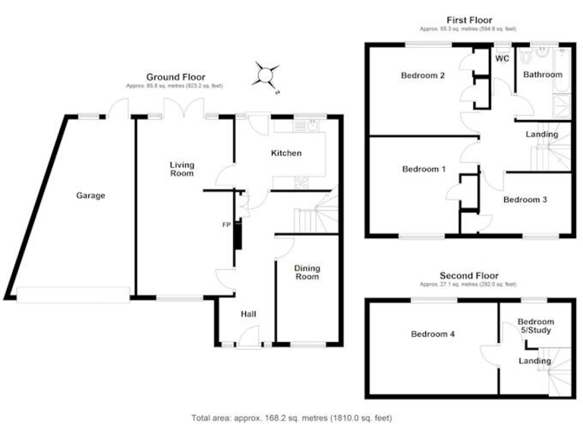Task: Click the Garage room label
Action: (90, 195)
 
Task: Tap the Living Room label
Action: (181, 169)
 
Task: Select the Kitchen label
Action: (286, 154)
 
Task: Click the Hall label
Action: (249, 313)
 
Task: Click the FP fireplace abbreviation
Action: (226, 225)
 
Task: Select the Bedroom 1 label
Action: (424, 169)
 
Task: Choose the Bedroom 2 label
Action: (423, 75)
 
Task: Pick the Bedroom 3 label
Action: (525, 200)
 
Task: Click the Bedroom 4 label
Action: (433, 334)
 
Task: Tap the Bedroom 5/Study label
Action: (535, 326)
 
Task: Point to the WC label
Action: (502, 59)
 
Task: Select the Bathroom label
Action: (542, 75)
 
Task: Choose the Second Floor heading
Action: (468, 275)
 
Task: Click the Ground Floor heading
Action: (175, 77)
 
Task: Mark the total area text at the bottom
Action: (291, 417)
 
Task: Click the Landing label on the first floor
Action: (542, 135)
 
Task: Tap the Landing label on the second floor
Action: (534, 360)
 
